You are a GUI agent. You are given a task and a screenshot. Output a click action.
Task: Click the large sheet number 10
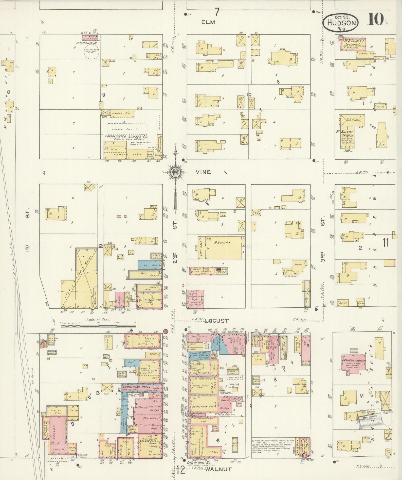click(375, 20)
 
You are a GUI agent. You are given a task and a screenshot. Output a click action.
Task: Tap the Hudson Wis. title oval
click(341, 22)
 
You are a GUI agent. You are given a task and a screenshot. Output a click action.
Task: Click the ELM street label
click(208, 22)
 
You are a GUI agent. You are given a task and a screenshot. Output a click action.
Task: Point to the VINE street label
click(203, 172)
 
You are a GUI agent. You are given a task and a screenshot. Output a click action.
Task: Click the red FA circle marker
click(166, 331)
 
